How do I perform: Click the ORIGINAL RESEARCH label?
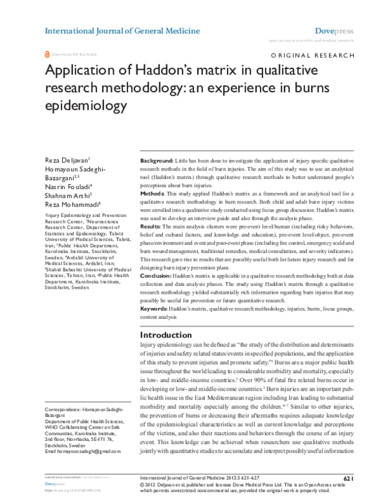312,57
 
